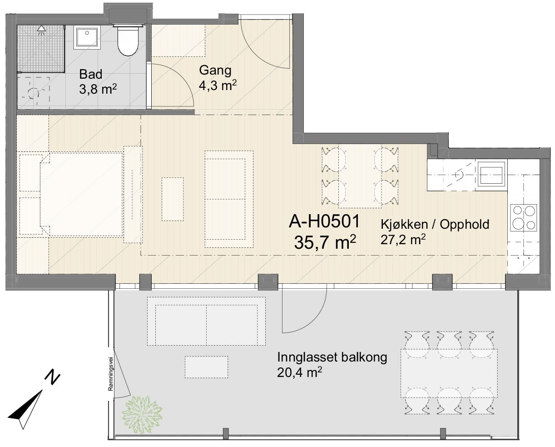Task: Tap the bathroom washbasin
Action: (x=87, y=37)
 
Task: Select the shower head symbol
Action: (x=41, y=30)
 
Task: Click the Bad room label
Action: (x=90, y=75)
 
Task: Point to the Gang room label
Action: (x=215, y=71)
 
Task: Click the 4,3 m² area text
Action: (x=218, y=85)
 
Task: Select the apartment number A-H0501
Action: (x=324, y=221)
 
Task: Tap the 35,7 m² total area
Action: (x=325, y=242)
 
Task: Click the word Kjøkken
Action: (x=404, y=224)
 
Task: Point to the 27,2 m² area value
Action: (x=403, y=240)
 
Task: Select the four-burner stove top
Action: (x=524, y=218)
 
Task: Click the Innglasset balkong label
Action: (x=332, y=358)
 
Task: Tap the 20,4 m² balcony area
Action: (x=299, y=372)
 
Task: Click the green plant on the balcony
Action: (x=142, y=415)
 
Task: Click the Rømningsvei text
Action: (x=111, y=374)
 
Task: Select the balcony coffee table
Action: (x=206, y=367)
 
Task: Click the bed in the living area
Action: (x=81, y=194)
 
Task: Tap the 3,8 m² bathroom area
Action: (x=98, y=89)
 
